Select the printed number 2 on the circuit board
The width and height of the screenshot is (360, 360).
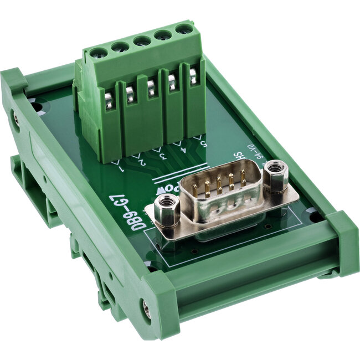pyautogui.click(x=141, y=161)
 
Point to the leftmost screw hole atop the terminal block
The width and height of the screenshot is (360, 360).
pyautogui.click(x=100, y=53)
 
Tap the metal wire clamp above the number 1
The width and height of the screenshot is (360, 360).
pyautogui.click(x=109, y=102)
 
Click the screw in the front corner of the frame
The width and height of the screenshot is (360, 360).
pyautogui.click(x=146, y=311)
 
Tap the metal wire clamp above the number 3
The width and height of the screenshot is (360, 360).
pyautogui.click(x=151, y=89)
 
